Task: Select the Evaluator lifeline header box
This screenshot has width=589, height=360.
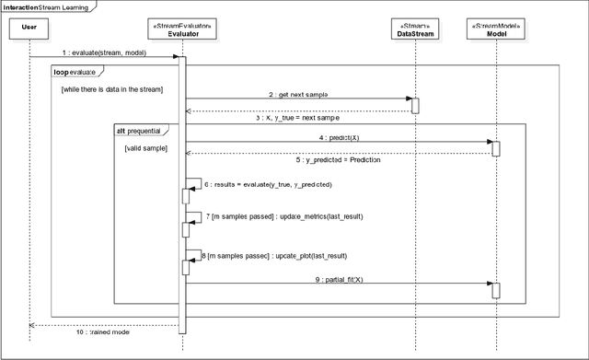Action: (x=181, y=29)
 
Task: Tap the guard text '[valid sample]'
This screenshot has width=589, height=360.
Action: (x=146, y=147)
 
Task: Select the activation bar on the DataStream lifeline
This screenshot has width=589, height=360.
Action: (x=414, y=105)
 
